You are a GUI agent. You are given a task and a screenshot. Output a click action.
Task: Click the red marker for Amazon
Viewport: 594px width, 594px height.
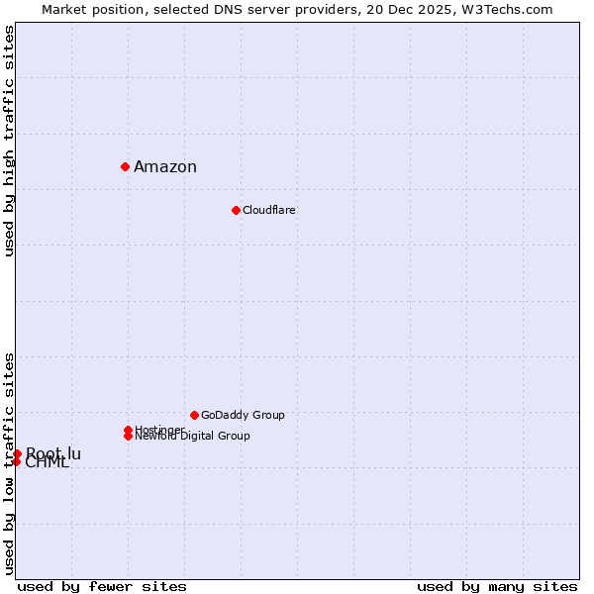126,166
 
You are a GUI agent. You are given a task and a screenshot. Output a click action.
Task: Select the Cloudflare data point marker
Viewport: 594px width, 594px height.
236,210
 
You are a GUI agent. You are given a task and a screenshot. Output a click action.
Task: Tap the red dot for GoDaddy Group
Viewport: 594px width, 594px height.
194,415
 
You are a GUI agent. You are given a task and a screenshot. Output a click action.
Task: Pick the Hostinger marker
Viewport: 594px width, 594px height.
129,430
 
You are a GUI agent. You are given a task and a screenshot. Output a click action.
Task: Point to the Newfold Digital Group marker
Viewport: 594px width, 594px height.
129,437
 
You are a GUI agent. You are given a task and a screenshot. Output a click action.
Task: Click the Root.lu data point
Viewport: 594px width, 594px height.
17,453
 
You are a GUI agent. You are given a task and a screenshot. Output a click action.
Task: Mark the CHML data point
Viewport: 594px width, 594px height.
16,461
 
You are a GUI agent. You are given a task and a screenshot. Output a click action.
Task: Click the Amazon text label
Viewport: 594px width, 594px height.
165,166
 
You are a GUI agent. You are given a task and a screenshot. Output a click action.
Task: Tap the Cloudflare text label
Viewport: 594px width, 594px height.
269,210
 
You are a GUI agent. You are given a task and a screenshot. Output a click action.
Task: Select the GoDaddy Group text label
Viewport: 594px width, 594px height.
243,415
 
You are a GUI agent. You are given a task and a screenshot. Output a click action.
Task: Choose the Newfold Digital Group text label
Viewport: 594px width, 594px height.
193,437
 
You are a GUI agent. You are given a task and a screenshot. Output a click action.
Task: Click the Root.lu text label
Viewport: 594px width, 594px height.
54,453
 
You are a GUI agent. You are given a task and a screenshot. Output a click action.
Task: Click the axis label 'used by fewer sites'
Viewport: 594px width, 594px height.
102,586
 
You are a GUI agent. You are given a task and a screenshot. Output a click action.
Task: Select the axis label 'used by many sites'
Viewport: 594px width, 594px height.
497,586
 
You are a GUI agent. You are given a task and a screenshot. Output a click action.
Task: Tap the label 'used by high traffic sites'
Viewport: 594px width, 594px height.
9,141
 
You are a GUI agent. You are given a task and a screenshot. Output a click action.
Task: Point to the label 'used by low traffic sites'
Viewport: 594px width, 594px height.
9,463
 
